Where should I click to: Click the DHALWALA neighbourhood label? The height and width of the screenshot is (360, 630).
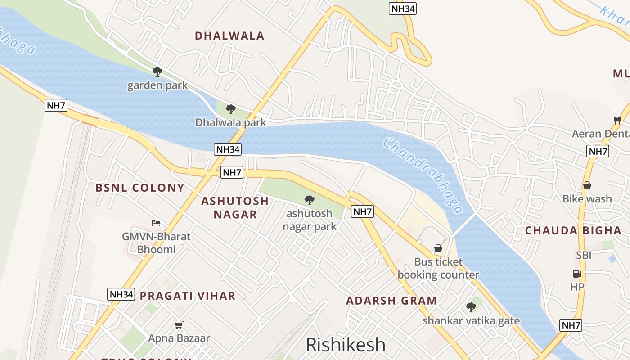[229, 36]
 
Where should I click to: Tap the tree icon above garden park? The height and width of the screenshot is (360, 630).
[157, 72]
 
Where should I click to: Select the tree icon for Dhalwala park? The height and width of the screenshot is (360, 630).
[231, 109]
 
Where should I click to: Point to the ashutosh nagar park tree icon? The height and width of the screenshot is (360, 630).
[309, 200]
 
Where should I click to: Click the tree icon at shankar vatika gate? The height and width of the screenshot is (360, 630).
[471, 307]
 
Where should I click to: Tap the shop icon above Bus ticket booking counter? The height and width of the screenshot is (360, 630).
[438, 248]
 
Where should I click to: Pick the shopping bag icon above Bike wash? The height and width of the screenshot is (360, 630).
[587, 185]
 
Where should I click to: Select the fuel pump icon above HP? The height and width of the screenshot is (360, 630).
[577, 274]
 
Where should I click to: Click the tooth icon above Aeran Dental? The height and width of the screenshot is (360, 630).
[617, 120]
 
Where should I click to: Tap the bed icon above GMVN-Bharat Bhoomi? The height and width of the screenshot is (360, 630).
[156, 223]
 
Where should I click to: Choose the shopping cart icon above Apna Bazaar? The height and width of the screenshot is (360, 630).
[179, 325]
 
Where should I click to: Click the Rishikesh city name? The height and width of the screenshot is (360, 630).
[346, 345]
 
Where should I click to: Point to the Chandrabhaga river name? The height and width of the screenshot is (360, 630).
[423, 175]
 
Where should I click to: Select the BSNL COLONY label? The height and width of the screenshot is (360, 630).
[140, 188]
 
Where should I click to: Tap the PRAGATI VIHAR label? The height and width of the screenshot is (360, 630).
[188, 296]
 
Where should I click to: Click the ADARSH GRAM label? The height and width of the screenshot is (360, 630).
[391, 301]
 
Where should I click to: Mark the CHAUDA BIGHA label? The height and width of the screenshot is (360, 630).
[573, 230]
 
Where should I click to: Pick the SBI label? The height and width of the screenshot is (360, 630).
[584, 255]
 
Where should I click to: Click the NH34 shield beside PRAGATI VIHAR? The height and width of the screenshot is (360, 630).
[121, 294]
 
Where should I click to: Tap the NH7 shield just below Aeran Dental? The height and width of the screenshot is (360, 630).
[598, 151]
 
